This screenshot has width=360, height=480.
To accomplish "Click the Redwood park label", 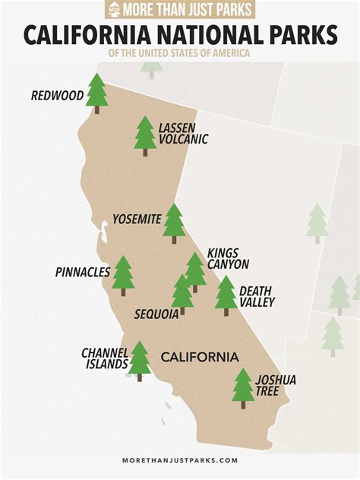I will point(57,96).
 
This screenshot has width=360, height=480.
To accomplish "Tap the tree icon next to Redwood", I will point(96,92).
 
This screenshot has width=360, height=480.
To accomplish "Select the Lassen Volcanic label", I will point(183,133).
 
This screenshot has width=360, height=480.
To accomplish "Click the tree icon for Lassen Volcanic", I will point(145,135).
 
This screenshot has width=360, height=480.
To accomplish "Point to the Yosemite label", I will point(137,219).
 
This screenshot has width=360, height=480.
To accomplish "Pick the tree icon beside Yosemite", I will point(174,222).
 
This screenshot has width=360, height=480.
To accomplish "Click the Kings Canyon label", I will point(229,258).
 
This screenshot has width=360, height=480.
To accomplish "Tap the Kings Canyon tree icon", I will point(195,270).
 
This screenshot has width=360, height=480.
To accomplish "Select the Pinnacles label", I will point(83,272).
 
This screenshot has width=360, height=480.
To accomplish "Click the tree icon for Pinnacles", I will point(123,274).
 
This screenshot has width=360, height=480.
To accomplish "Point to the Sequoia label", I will point(156,314).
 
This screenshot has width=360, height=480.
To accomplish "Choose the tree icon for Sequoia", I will point(182,293).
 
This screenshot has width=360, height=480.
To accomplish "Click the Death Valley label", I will point(257,296).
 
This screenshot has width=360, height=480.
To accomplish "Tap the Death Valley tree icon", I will point(226,294).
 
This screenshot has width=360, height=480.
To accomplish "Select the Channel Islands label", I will point(105,358).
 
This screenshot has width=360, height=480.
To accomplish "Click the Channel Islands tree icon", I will point(139,359).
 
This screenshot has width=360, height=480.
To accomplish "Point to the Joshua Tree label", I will point(276,385).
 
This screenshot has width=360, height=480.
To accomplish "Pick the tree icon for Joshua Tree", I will point(243,387).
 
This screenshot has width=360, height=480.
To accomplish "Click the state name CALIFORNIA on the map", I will point(199,357).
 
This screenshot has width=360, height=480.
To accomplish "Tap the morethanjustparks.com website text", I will point(180,459).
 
